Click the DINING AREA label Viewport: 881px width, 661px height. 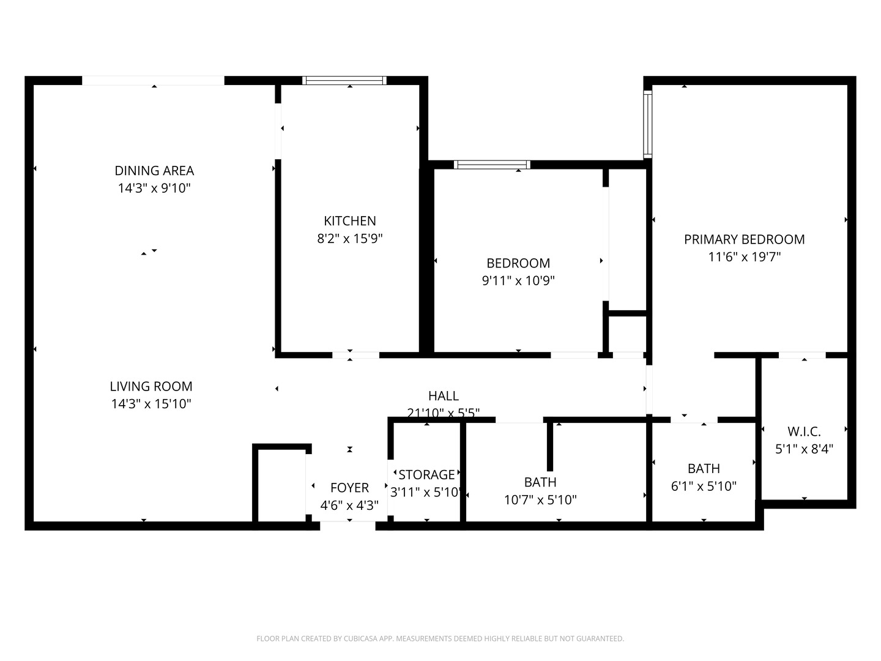154,171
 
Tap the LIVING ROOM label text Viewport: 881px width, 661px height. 151,386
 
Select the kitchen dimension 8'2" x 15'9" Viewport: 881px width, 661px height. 349,239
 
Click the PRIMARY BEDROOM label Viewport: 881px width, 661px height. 744,239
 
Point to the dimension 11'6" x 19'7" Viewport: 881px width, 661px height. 744,257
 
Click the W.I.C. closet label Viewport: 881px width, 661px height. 804,431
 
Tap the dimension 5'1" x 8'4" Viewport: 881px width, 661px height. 804,449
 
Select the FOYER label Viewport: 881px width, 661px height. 349,488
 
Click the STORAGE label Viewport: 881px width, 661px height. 426,474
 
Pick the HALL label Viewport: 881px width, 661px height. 443,396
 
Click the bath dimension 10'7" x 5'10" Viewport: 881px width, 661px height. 540,500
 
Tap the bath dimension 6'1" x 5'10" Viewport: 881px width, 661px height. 704,487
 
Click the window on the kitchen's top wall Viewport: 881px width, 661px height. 345,80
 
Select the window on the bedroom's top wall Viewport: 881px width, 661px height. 492,164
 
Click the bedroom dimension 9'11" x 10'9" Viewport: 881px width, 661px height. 518,281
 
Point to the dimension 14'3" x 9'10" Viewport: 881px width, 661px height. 154,189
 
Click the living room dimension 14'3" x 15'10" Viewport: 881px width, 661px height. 151,404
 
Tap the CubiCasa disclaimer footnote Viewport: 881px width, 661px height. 440,638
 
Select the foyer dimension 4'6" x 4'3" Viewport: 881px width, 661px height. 349,506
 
